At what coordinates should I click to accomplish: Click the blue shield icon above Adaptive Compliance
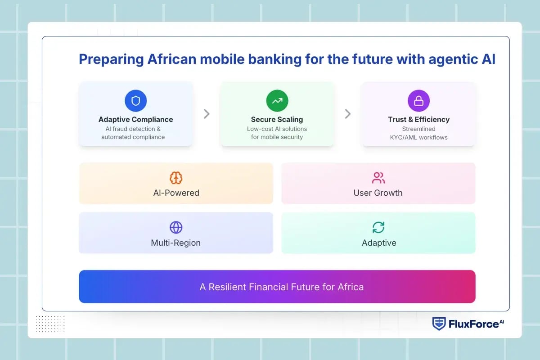[135, 101]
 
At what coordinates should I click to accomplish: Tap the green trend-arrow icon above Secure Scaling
[277, 101]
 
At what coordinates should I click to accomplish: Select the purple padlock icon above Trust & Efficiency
[418, 101]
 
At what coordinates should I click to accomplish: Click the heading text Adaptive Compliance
[135, 119]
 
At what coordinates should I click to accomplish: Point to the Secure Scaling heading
[277, 119]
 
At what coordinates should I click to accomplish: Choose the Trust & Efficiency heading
[418, 119]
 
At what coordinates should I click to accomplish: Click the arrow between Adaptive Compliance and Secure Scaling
[207, 114]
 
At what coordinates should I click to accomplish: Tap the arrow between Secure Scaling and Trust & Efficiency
[347, 114]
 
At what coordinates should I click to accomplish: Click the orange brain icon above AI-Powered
[176, 178]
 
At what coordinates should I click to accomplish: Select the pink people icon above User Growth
[378, 178]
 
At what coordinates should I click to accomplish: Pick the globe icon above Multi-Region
[176, 227]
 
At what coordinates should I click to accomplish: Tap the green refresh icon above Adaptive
[378, 227]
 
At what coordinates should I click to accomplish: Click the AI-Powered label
[176, 193]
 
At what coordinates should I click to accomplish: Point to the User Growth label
[378, 193]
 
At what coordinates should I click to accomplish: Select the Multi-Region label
[176, 243]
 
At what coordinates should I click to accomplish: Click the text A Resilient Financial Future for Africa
[281, 287]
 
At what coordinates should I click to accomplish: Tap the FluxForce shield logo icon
[439, 324]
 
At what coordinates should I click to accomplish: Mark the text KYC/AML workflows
[418, 137]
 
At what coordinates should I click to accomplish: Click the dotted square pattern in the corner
[50, 324]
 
